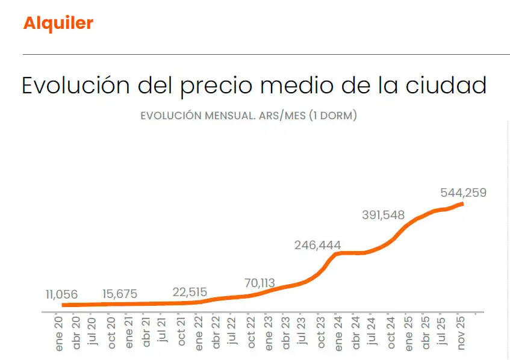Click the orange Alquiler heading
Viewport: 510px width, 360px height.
tap(58, 23)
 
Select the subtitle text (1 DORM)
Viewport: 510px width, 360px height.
tap(332, 116)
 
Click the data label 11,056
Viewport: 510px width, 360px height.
tap(61, 294)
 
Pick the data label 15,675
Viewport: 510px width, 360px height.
tap(120, 294)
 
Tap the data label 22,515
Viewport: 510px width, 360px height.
tap(190, 292)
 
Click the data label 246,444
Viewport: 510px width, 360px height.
tap(317, 245)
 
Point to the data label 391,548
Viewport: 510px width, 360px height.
tap(384, 215)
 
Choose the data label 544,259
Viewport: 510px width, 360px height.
tap(462, 193)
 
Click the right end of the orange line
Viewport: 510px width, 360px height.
tap(462, 204)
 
